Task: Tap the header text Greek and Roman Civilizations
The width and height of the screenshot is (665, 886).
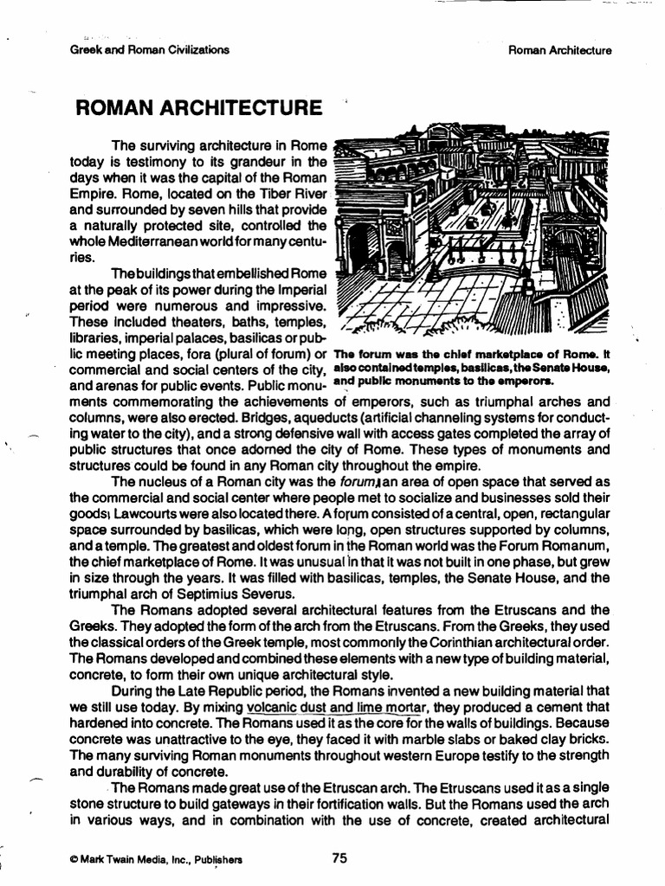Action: point(149,50)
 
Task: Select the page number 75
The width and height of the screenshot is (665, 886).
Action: point(339,858)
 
